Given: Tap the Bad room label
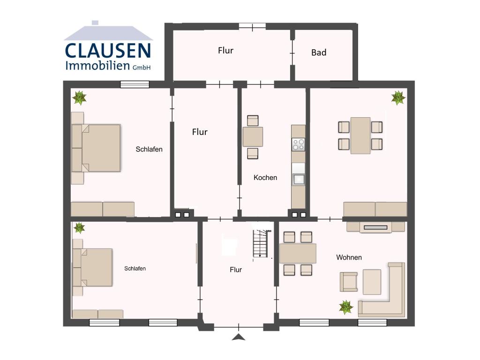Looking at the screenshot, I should pyautogui.click(x=319, y=52).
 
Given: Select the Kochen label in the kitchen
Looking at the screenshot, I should pyautogui.click(x=265, y=178).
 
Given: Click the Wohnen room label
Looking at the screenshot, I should pyautogui.click(x=349, y=257).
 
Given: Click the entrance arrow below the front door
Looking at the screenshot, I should pyautogui.click(x=239, y=337).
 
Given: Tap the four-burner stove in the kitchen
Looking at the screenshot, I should pyautogui.click(x=298, y=144).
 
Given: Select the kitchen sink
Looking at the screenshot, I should pyautogui.click(x=298, y=179).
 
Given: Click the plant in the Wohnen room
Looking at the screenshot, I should pyautogui.click(x=346, y=307).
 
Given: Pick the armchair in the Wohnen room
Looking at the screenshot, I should pyautogui.click(x=348, y=281).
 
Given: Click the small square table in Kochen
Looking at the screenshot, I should pyautogui.click(x=253, y=136).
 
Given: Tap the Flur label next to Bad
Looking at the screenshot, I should pyautogui.click(x=225, y=51).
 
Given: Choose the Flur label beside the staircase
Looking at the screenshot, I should pyautogui.click(x=236, y=270).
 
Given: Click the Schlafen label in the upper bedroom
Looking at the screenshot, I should pyautogui.click(x=149, y=150).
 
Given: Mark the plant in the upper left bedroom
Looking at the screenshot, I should pyautogui.click(x=79, y=97).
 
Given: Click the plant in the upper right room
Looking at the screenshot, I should pyautogui.click(x=398, y=97).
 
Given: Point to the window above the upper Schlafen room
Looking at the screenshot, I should pyautogui.click(x=135, y=84).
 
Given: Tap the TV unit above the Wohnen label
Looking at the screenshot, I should pyautogui.click(x=375, y=227).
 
